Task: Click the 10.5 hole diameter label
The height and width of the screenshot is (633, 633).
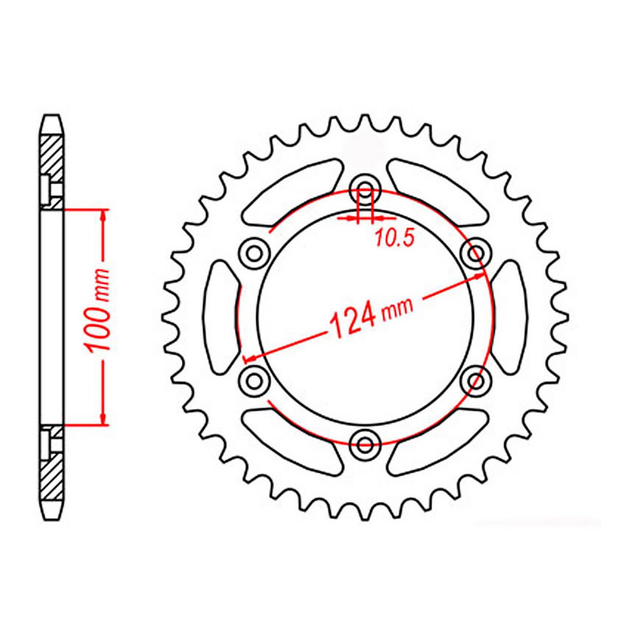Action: click(394, 238)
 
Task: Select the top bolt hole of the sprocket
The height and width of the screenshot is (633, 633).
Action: click(365, 187)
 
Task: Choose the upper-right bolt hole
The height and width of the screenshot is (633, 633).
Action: click(476, 252)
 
